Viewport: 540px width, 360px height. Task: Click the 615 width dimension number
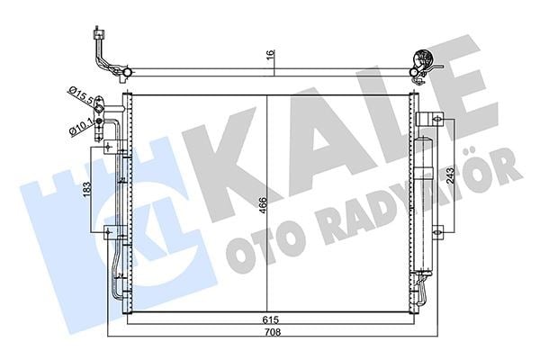[270, 319]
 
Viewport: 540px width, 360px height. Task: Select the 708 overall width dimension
[274, 332]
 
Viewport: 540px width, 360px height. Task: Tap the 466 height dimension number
[263, 205]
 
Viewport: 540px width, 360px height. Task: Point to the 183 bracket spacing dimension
[86, 190]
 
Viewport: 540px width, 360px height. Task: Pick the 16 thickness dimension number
[271, 54]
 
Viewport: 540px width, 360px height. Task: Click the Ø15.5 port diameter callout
[81, 95]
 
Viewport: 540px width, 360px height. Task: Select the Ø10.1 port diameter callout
[80, 127]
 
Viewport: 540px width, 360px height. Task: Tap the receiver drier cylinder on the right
[423, 206]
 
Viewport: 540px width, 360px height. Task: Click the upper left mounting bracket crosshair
[109, 148]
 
